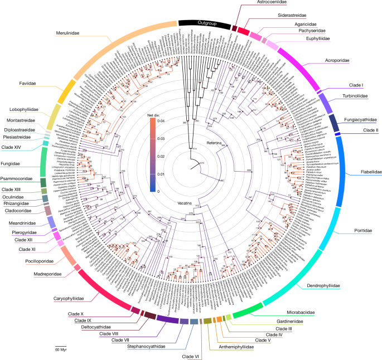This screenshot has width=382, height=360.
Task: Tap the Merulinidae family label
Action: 68,33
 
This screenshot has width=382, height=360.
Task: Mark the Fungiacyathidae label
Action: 359,119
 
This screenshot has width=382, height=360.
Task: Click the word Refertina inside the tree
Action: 215,144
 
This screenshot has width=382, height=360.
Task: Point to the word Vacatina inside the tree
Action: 186,203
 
